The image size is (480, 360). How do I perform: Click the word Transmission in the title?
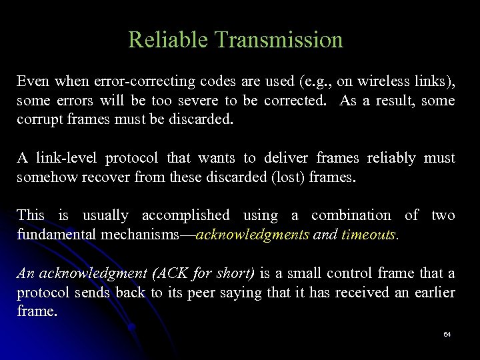point(281,40)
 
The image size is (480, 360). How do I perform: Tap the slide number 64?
point(447,333)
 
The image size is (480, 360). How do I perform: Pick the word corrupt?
point(38,121)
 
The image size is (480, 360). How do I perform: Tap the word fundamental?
point(57,235)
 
